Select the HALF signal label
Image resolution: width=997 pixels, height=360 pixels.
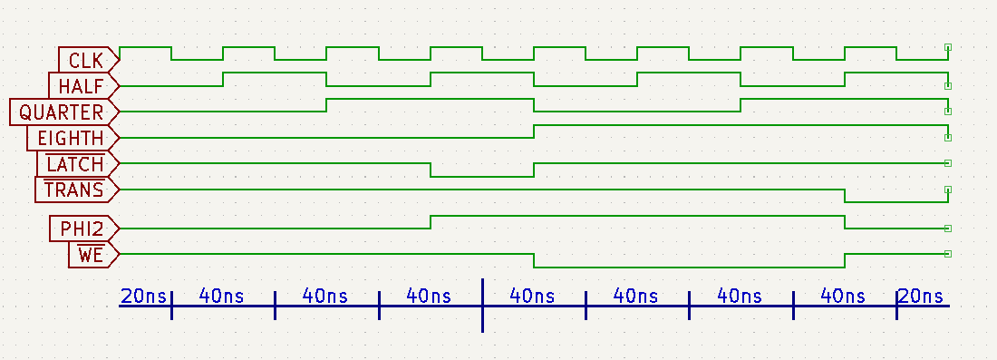coord(82,86)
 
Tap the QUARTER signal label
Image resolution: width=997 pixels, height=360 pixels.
coord(62,112)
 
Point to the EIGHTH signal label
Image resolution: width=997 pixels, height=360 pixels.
coord(72,139)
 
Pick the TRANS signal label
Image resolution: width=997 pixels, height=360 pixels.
coord(74,190)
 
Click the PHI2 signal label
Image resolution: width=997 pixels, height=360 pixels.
coord(82,229)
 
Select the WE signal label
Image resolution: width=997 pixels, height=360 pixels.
coord(92,255)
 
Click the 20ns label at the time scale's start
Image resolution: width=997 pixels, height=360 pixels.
coord(143,296)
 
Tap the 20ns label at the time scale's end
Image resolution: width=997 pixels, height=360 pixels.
coord(921,296)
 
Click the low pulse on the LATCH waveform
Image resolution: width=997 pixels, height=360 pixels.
coord(482,176)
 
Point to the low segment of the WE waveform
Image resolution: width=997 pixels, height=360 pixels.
coord(689,267)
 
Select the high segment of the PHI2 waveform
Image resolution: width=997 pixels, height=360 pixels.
coord(637,216)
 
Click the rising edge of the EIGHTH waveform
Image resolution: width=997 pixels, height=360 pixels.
coord(535,131)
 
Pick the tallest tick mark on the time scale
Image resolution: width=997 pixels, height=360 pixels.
coord(482,306)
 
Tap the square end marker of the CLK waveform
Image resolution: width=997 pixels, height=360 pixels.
coord(947,46)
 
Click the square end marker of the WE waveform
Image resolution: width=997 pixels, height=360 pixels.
coord(947,254)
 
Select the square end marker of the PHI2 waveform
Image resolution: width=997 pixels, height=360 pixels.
coord(947,229)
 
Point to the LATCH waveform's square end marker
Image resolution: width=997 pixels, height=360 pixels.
coord(947,163)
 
